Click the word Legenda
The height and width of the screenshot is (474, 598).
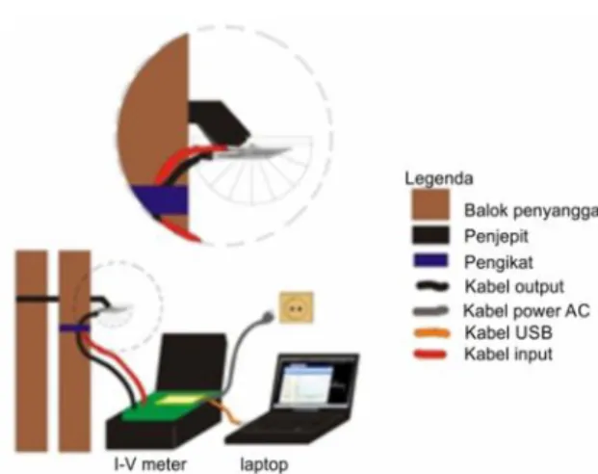pyautogui.click(x=439, y=178)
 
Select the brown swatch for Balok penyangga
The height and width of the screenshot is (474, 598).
pyautogui.click(x=430, y=204)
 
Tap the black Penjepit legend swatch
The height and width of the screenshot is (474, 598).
pyautogui.click(x=430, y=235)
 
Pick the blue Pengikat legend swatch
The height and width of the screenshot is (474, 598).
pyautogui.click(x=430, y=260)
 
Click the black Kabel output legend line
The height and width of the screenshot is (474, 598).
pyautogui.click(x=432, y=286)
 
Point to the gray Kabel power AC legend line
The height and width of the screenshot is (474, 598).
pyautogui.click(x=430, y=310)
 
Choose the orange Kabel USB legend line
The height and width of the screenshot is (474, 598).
pyautogui.click(x=431, y=333)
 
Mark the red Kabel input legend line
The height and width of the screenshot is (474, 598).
pyautogui.click(x=430, y=355)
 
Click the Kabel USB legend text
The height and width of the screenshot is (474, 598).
pyautogui.click(x=508, y=332)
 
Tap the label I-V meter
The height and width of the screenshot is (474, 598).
pyautogui.click(x=150, y=464)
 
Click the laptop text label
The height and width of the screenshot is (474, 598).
pyautogui.click(x=264, y=464)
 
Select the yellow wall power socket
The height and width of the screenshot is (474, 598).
pyautogui.click(x=297, y=307)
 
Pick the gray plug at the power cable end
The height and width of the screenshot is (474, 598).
pyautogui.click(x=268, y=316)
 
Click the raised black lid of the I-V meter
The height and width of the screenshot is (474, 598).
pyautogui.click(x=193, y=362)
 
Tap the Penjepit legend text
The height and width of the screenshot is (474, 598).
pyautogui.click(x=496, y=237)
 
